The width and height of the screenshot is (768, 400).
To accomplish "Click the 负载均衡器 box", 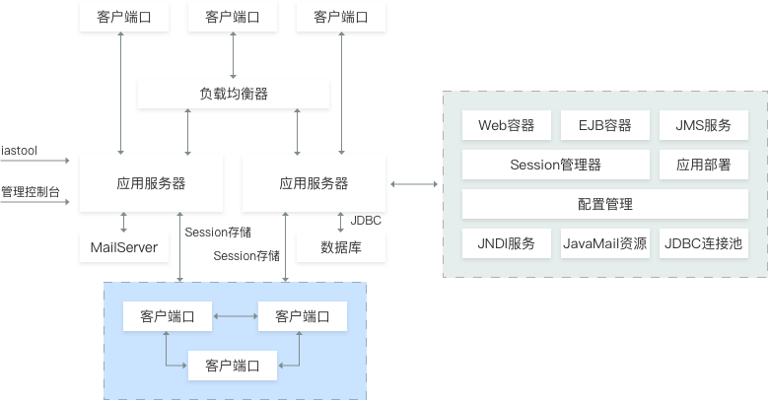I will click(233, 94).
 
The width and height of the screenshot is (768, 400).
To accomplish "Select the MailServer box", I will click(124, 246).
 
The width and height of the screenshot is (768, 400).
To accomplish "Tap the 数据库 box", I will click(340, 246).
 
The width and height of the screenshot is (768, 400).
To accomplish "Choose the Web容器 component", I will click(506, 125).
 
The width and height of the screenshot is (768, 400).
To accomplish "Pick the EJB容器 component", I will click(604, 125).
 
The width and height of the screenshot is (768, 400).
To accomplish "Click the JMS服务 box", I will click(703, 125).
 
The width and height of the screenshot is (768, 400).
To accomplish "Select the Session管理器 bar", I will click(555, 165).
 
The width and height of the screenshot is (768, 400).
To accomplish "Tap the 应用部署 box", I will click(703, 165).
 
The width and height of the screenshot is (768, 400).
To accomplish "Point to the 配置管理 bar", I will click(604, 204).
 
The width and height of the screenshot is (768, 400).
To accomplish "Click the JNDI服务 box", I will click(506, 243).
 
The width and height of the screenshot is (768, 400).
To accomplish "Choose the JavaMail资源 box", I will click(604, 243).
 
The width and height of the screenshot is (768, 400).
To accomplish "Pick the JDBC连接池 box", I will click(703, 243).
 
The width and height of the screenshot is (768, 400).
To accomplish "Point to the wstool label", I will click(19, 151).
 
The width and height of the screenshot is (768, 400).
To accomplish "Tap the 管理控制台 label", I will click(30, 190).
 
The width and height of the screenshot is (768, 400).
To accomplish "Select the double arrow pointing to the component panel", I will click(414, 183).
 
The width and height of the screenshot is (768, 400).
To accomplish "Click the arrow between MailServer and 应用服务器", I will click(124, 222).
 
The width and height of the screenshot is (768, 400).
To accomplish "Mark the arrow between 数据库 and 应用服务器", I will click(340, 222).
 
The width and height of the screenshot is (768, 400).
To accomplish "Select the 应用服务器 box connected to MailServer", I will click(151, 182).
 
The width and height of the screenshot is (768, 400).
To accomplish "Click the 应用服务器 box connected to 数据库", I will click(314, 182).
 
